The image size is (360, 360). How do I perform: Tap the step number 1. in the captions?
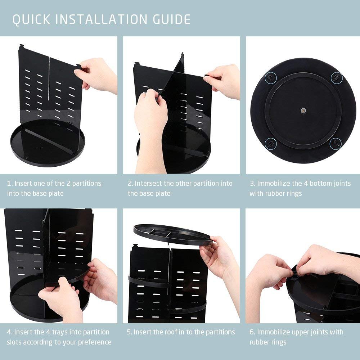click(10, 183)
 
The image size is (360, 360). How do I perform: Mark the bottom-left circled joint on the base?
click(270, 144)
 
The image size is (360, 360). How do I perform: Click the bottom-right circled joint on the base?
click(335, 143)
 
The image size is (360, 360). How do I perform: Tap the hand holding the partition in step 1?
click(97, 74)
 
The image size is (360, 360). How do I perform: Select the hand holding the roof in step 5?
click(220, 256)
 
